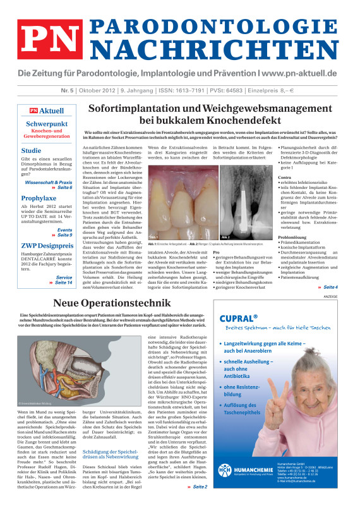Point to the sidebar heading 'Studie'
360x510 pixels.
[x=32, y=151]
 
